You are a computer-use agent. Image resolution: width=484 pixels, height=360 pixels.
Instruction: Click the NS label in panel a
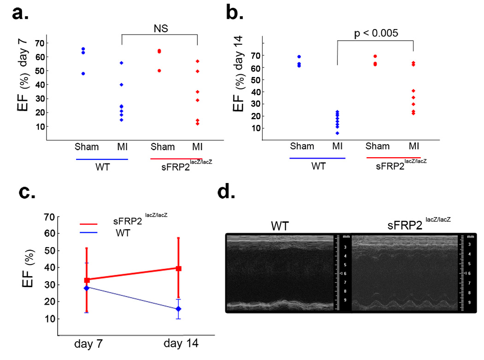160,29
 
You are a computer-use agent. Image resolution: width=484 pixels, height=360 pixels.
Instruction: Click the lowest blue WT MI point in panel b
337,133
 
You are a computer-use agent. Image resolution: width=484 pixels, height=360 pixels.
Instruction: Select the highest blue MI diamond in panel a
122,63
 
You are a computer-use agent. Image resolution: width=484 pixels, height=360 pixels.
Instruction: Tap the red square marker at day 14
178,268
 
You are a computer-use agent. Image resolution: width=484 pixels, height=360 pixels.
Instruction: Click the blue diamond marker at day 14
178,309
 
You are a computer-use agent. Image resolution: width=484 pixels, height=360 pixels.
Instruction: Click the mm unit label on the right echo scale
463,236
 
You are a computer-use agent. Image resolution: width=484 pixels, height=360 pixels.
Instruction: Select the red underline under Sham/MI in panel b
394,158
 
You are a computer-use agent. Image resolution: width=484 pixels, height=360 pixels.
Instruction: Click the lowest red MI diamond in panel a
197,124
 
